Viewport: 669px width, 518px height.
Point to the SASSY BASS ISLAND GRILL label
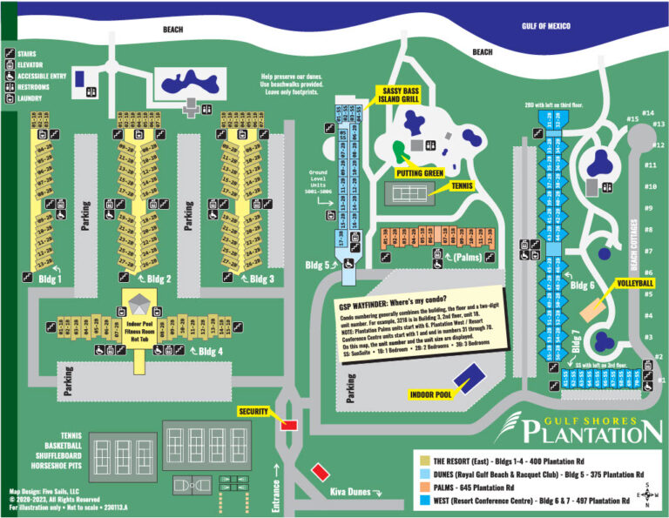pos(399,94)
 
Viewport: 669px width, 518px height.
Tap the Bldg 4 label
pos(210,351)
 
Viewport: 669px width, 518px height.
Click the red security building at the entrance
pos(289,424)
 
